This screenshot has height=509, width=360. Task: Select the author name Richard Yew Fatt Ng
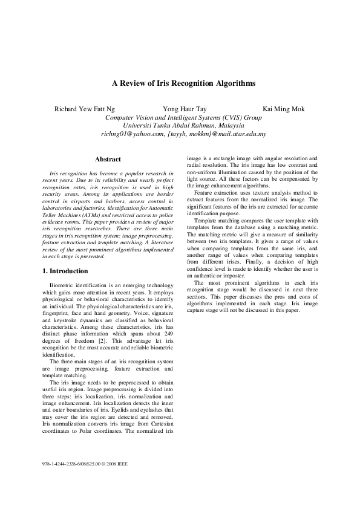[x=84, y=109]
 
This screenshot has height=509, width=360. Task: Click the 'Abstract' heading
[x=108, y=160]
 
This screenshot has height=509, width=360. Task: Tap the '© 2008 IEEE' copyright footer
[x=114, y=464]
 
